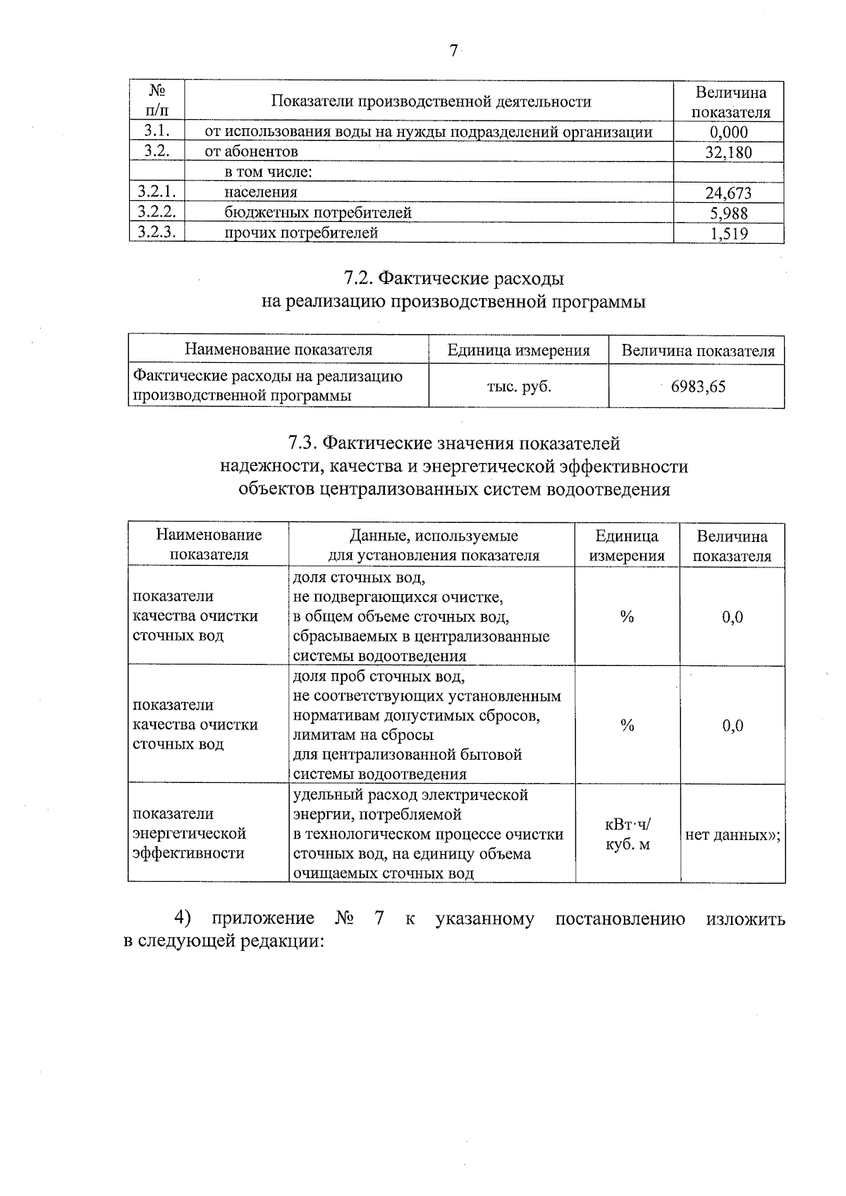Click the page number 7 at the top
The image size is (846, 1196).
tap(453, 51)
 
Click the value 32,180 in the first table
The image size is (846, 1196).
tap(728, 152)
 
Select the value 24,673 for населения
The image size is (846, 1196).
tap(728, 193)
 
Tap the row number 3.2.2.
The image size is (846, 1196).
tap(157, 212)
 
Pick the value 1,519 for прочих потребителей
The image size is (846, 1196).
tap(728, 234)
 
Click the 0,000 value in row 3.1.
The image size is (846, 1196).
tap(728, 132)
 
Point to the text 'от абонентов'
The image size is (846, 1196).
tap(251, 152)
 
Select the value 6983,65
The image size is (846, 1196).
tap(698, 386)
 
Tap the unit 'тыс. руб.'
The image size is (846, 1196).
tap(519, 386)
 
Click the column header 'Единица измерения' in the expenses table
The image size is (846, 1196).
tap(519, 350)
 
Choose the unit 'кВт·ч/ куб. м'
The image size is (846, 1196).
tap(627, 834)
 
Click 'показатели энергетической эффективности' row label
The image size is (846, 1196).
tap(189, 834)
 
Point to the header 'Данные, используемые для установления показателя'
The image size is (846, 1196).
tap(433, 545)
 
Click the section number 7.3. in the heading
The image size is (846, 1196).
tap(304, 444)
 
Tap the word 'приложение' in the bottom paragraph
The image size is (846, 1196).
tap(263, 919)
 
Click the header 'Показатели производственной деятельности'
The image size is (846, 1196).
tap(431, 101)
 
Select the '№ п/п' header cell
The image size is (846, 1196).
tap(157, 101)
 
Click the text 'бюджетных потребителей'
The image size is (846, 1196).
tap(318, 212)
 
